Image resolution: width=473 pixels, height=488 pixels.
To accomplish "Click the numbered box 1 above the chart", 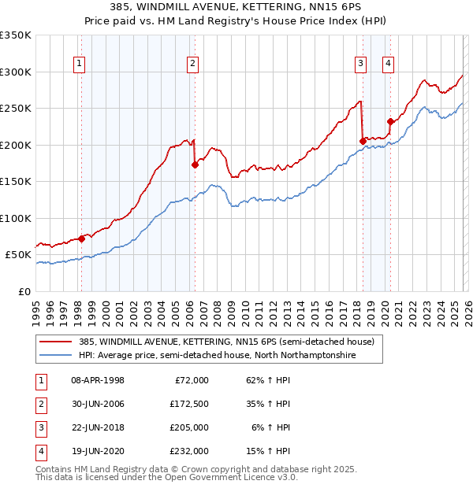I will point(80,65).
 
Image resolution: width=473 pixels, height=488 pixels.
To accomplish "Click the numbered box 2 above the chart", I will point(193,65).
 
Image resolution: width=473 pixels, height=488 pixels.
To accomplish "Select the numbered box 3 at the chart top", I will point(360,65).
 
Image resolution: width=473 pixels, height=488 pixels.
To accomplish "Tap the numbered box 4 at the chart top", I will point(389,65).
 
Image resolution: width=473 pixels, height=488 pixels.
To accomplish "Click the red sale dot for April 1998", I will point(81,238).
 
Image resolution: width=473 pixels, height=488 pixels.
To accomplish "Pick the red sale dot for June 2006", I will point(195,165).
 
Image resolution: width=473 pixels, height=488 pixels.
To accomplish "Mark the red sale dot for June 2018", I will point(363,141).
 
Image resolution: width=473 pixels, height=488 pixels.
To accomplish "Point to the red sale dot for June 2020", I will point(390,121).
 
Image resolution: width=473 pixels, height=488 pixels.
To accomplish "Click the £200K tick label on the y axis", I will point(16,145).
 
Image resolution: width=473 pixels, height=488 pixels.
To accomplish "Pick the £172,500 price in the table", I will point(189,404).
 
